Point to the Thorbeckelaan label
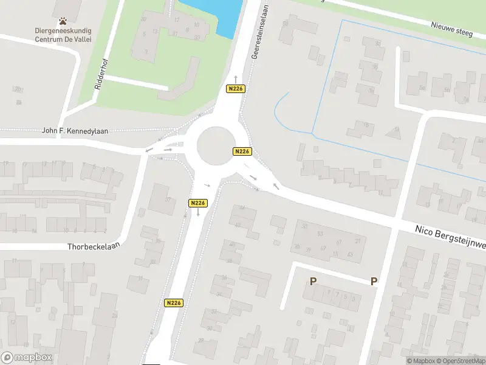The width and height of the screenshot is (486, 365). pyautogui.click(x=95, y=246)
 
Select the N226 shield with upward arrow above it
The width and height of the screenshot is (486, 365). pyautogui.click(x=236, y=89)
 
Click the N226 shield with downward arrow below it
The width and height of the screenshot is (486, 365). pyautogui.click(x=198, y=203)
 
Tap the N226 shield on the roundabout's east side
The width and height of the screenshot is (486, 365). pyautogui.click(x=242, y=151)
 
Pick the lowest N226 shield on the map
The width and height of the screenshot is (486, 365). pyautogui.click(x=173, y=302)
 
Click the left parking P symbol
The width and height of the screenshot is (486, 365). pyautogui.click(x=313, y=281)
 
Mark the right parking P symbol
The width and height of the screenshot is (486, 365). pyautogui.click(x=374, y=281)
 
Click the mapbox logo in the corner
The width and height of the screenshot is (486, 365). pyautogui.click(x=26, y=358)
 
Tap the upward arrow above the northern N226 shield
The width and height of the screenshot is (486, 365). pyautogui.click(x=236, y=80)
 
